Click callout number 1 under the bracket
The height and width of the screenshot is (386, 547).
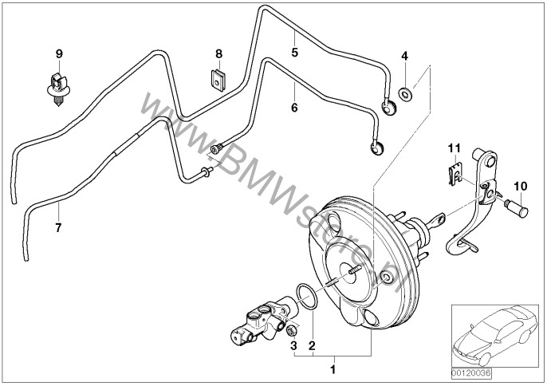pos(334,370)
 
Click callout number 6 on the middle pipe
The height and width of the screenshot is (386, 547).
pos(294,106)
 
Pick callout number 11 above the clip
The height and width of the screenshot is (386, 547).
pos(454,148)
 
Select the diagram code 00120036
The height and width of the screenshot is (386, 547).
pos(472,372)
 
